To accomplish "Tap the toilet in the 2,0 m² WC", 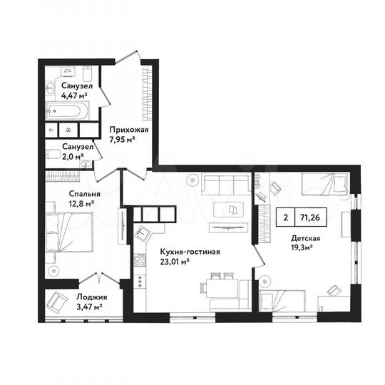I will click(53, 155).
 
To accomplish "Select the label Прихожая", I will click(128, 130).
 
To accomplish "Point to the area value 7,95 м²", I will click(122, 140).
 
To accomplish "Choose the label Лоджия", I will click(91, 297).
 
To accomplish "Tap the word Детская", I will click(305, 239).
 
